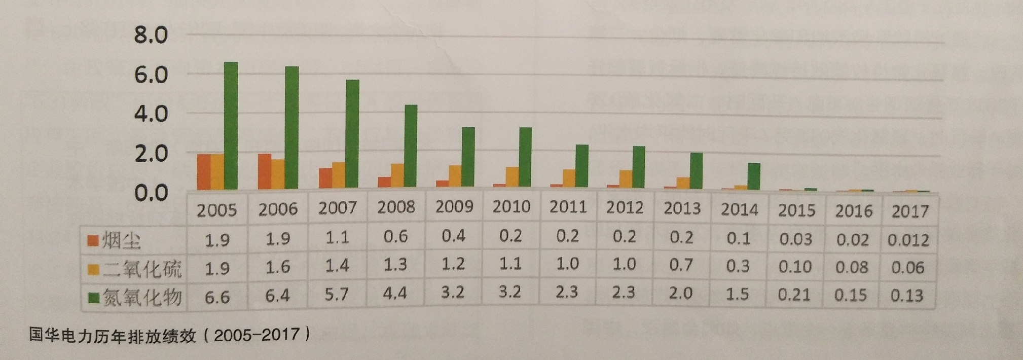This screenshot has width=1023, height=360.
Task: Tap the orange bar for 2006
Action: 264,171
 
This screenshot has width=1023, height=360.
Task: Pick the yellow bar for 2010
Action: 513,177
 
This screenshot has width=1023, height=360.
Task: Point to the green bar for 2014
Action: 754,176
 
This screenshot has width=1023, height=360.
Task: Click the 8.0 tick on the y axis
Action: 151,35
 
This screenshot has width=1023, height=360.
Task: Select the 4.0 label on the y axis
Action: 151,114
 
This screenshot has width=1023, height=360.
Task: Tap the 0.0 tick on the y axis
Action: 151,193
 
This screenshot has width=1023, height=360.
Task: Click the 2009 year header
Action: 454,207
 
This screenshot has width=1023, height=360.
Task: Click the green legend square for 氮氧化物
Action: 93,298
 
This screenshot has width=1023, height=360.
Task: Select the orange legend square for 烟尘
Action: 92,240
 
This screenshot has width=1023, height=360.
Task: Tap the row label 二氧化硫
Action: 142,269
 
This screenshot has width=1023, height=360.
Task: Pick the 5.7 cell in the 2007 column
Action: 336,294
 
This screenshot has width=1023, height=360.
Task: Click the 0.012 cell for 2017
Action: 908,240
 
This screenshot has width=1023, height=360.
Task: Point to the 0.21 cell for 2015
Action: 794,295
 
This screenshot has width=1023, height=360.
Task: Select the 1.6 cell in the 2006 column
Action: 278,267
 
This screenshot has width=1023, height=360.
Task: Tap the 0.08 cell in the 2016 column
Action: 852,267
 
